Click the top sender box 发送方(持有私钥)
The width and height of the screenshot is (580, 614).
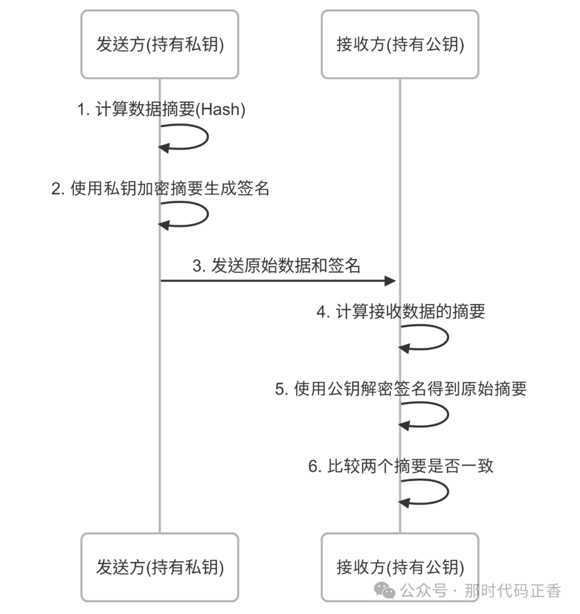tap(160, 45)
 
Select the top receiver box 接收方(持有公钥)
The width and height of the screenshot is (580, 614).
tap(400, 45)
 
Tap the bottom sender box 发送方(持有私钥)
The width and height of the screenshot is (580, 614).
tap(160, 567)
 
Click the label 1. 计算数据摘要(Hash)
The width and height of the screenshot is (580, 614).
tap(161, 109)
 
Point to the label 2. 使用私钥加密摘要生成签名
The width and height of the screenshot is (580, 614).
tap(161, 188)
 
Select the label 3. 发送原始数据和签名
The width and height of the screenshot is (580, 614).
tap(277, 266)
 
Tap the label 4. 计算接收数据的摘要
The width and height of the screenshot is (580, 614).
tap(401, 311)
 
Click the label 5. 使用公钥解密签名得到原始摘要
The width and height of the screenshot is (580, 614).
tap(401, 389)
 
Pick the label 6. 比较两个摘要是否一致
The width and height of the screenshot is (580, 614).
tap(401, 466)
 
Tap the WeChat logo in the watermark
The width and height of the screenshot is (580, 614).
tap(385, 590)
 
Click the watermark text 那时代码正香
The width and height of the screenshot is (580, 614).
tap(512, 591)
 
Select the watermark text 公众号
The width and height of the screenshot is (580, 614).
tap(424, 591)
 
